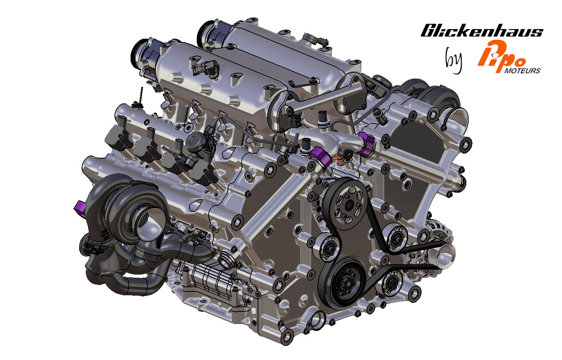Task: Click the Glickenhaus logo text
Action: [x=482, y=31]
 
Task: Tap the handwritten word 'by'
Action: [x=454, y=60]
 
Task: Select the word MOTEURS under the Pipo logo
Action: [x=522, y=71]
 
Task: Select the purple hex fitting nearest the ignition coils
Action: [x=320, y=157]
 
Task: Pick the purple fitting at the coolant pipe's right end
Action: [x=366, y=144]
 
